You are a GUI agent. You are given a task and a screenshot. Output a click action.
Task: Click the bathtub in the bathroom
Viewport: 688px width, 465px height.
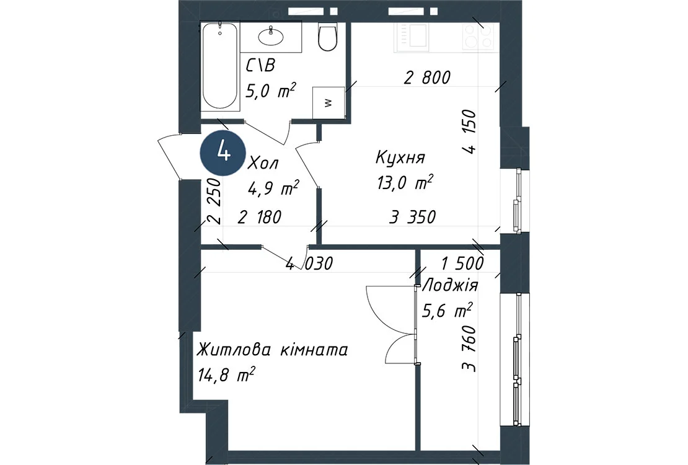pos(220,66)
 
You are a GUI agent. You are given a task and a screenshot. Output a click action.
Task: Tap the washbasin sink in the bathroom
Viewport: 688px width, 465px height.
pos(271,36)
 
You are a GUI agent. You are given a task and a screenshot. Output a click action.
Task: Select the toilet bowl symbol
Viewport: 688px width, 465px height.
pos(327,37)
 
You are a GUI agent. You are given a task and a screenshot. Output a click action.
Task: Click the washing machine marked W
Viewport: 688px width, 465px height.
pos(329,102)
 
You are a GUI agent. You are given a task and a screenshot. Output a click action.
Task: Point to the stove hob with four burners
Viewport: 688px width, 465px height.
pos(479,36)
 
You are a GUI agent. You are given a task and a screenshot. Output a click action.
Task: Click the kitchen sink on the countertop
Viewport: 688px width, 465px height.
pos(412,36)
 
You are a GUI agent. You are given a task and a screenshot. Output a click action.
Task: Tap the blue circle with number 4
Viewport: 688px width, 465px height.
pos(223,153)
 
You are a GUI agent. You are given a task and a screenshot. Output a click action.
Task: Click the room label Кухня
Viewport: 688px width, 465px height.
pos(400,157)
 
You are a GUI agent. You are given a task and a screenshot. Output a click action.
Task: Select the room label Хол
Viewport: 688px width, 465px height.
pos(263,164)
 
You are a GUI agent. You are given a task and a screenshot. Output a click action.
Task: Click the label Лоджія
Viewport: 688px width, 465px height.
pos(450,286)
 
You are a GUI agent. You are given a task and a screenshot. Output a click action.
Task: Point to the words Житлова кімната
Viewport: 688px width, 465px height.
pos(273,350)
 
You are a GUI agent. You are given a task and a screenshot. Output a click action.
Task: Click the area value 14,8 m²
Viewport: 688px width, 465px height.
pos(226,376)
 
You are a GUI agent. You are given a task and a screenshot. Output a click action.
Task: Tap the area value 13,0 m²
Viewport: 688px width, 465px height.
pos(405,182)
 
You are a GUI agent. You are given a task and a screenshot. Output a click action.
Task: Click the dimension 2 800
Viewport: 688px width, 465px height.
pos(427,77)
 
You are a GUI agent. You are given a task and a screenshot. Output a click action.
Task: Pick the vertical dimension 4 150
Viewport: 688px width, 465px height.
pos(469,131)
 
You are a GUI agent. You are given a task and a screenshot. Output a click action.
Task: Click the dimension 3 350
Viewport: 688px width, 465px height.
pos(412,217)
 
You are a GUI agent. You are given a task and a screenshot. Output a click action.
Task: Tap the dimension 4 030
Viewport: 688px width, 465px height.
pos(309,263)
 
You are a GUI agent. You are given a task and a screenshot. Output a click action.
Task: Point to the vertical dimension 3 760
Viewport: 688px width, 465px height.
pos(469,348)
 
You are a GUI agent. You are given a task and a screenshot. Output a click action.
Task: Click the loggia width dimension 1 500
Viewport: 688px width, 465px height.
pos(462,263)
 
